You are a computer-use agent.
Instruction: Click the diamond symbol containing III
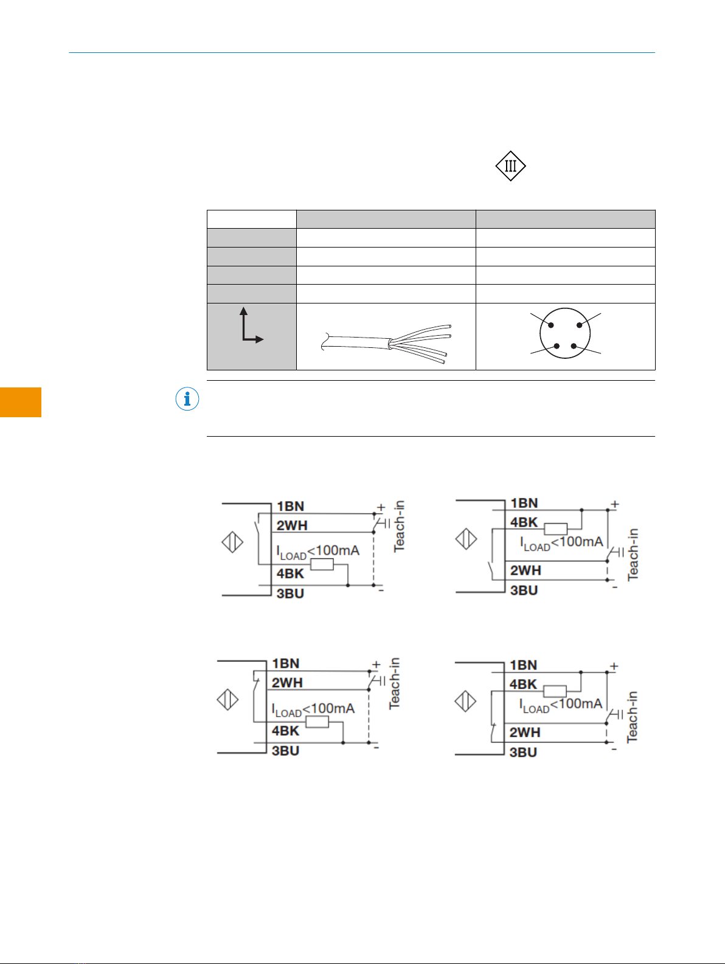tap(510, 166)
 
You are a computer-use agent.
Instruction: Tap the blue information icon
tap(187, 399)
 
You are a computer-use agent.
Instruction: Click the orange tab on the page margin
tap(21, 402)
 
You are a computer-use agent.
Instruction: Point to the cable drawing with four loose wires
tap(386, 344)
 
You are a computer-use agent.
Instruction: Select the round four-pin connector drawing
tap(565, 333)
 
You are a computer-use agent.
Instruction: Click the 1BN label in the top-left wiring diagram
tap(290, 507)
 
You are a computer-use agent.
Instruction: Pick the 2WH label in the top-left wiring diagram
tap(292, 525)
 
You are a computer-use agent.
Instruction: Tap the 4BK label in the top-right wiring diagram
tap(524, 522)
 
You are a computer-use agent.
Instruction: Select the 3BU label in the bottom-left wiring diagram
tap(285, 751)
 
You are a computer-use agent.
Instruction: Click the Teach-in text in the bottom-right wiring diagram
tap(632, 716)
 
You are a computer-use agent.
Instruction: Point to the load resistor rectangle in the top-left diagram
tap(322, 564)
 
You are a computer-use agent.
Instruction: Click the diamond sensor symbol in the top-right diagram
tap(466, 538)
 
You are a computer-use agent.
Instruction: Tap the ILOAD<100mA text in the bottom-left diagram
tap(313, 709)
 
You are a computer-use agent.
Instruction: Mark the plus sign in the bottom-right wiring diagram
tap(614, 666)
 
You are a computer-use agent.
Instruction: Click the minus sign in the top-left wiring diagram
tap(381, 591)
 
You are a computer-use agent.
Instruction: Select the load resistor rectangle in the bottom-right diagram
tap(555, 692)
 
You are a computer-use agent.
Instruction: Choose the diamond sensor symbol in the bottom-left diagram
tap(227, 699)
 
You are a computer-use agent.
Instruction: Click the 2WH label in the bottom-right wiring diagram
tap(525, 732)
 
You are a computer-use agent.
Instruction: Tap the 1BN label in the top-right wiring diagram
tap(524, 503)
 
